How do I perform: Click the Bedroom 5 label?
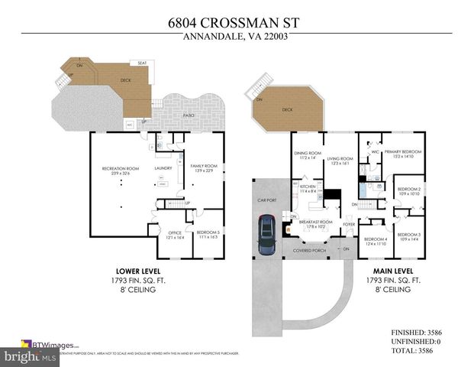208,233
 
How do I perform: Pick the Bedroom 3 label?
408,235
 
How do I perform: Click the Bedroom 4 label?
376,239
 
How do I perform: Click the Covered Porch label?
309,249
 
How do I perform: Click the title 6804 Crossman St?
237,23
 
